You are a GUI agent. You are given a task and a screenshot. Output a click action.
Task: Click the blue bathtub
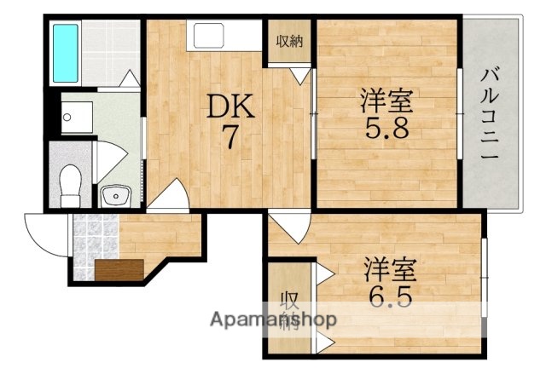click(66, 52)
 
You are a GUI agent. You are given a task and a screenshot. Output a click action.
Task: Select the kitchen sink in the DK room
click(208, 36)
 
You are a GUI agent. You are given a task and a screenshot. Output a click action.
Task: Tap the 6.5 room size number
click(390, 297)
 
